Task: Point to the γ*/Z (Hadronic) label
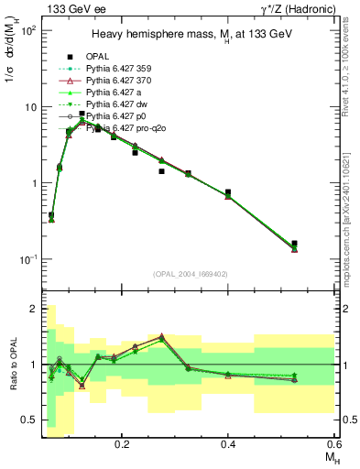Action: [296, 9]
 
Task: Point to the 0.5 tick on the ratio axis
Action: [29, 420]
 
